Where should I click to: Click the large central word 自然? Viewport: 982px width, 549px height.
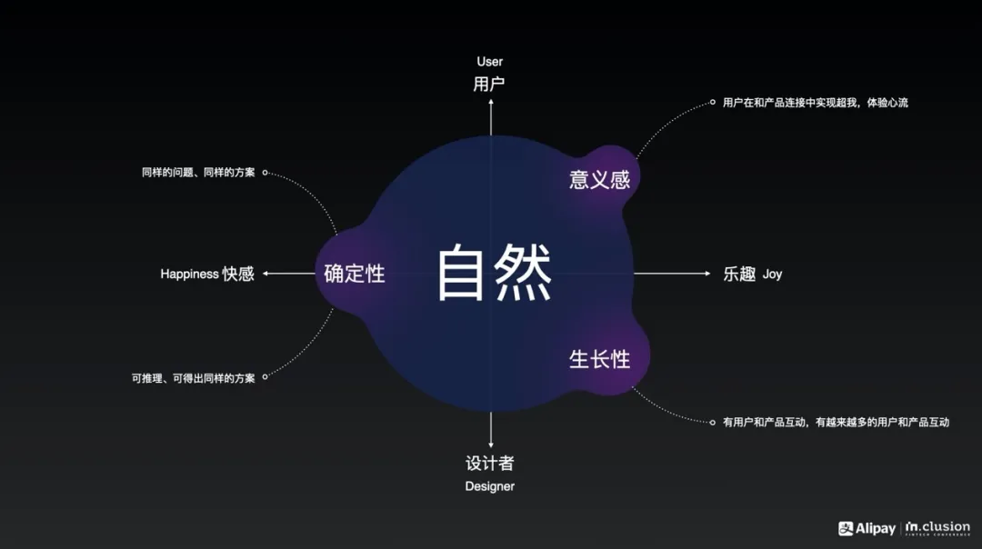[x=495, y=274]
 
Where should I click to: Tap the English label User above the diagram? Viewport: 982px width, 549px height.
[x=489, y=62]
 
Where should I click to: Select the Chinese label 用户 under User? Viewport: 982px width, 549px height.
[x=489, y=85]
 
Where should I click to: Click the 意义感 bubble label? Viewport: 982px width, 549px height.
[x=599, y=179]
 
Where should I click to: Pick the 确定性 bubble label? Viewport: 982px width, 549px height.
[x=355, y=273]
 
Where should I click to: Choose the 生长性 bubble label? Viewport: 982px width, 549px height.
[x=599, y=359]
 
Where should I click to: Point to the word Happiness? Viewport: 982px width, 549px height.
[x=189, y=274]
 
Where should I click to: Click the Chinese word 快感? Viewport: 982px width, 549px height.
[x=238, y=274]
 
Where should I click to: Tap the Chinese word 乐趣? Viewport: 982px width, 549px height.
[x=739, y=274]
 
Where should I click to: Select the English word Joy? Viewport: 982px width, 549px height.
[x=772, y=274]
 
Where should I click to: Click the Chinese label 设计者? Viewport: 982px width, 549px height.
[x=490, y=463]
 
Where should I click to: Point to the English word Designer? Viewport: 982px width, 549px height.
[x=490, y=486]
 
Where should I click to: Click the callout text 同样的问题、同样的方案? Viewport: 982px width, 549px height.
[x=198, y=172]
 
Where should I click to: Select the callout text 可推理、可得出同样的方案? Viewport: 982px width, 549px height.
[x=193, y=378]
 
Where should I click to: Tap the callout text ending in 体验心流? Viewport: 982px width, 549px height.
[x=815, y=103]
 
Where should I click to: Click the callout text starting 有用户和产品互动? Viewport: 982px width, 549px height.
[x=836, y=422]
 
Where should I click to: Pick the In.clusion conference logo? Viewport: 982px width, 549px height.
[x=937, y=528]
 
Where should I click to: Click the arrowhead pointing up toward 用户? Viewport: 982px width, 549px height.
[x=491, y=102]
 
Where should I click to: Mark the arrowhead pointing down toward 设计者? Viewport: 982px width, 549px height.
[x=491, y=444]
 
